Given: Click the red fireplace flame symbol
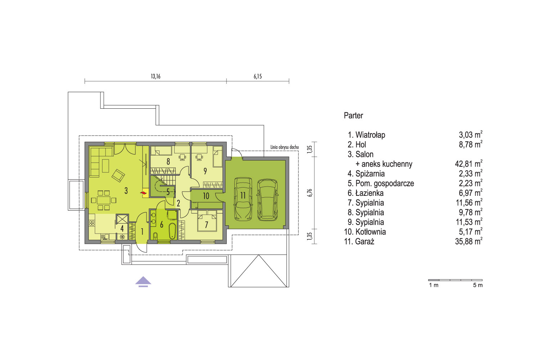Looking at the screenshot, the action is click(144, 193).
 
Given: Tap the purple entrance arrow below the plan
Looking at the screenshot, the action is click(143, 282).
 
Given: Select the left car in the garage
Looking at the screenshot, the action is click(243, 199).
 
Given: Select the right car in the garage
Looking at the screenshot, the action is click(267, 200).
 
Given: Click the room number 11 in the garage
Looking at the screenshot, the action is click(243, 195).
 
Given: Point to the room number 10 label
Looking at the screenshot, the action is click(206, 196).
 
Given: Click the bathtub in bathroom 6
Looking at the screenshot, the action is click(172, 231).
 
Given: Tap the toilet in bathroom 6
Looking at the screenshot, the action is click(155, 236).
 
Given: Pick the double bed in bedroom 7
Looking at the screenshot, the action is click(207, 221).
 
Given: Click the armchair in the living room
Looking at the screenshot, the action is click(118, 175).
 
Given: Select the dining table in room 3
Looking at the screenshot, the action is click(104, 200).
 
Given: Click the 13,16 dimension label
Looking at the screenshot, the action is click(156, 76).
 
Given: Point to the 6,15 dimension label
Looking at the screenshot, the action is click(257, 76).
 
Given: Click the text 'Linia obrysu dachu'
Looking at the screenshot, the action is click(284, 147).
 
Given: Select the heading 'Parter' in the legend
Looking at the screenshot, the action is click(353, 116).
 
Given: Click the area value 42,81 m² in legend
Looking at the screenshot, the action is click(469, 164).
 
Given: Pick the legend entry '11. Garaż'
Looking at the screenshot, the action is click(359, 241).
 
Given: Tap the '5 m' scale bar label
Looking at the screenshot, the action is click(478, 285).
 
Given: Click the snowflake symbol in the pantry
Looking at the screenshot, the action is click(122, 237).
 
